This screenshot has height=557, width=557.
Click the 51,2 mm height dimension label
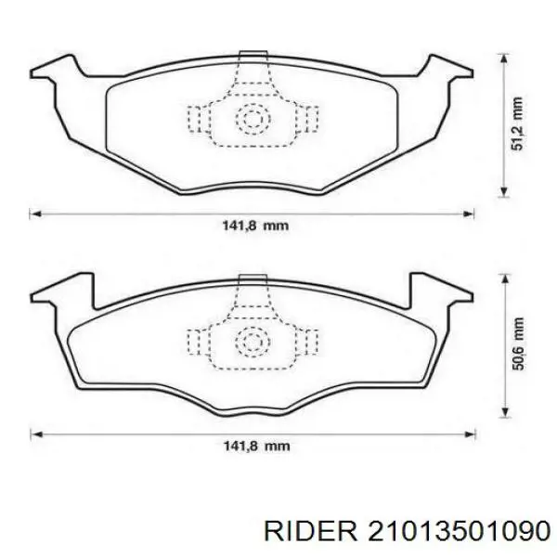(x=517, y=123)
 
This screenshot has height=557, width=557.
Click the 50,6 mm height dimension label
(x=518, y=343)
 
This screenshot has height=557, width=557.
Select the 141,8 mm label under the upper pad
(x=255, y=226)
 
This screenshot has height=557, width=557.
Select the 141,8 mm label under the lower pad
(x=256, y=446)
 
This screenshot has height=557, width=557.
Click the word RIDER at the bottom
(x=311, y=533)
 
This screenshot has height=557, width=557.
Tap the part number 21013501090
(x=460, y=533)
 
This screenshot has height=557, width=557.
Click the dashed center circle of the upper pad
(x=253, y=120)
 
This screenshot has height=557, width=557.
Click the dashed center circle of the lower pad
(x=253, y=343)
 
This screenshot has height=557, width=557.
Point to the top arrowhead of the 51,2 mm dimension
(x=503, y=59)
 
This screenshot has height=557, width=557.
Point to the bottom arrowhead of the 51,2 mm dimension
(x=503, y=191)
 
